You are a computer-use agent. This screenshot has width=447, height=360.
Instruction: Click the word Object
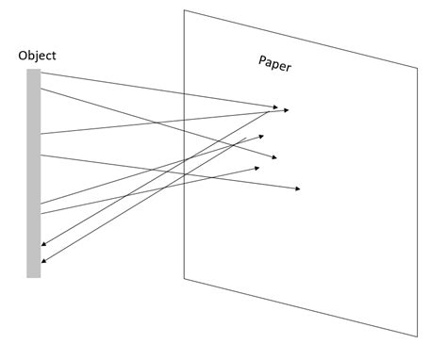point(37,56)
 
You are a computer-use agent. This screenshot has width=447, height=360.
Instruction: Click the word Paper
point(274,64)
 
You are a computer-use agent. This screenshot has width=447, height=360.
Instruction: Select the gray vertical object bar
point(34,174)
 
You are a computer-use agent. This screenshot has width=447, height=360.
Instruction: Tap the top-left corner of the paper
point(184,10)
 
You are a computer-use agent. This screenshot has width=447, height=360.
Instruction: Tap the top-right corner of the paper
point(417,68)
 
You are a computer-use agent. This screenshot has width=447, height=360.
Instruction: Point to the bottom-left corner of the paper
point(184,278)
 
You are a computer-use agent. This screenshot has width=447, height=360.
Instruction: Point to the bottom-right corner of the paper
point(417,336)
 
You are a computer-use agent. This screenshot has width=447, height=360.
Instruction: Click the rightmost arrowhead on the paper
point(298,190)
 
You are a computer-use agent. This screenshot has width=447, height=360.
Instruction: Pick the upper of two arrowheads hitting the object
point(43,245)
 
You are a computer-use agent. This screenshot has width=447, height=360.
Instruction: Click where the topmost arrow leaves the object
point(41,73)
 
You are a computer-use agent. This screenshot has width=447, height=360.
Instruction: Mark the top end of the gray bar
point(34,70)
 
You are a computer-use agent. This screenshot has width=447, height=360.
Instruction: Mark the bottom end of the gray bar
point(34,277)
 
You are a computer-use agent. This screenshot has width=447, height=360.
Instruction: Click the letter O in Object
point(23,56)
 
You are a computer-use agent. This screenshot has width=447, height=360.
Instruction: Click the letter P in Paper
point(262,60)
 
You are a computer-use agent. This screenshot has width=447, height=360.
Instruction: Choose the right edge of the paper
point(417,203)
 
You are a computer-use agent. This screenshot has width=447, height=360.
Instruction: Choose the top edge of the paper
point(300,39)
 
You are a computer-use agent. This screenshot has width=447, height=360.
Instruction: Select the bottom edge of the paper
point(300,307)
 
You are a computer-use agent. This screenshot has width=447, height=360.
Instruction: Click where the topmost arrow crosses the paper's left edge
point(184,93)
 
